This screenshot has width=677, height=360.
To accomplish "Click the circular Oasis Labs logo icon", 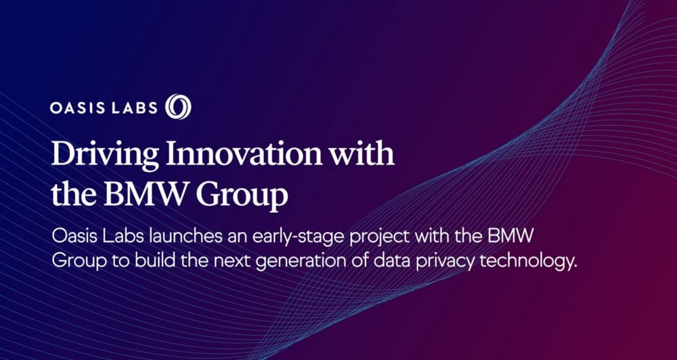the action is coord(178,107).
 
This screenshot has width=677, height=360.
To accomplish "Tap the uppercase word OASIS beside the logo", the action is coord(77,108).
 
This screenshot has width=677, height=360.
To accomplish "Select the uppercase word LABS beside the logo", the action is coord(134,108).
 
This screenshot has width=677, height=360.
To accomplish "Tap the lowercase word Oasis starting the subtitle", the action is coord(74,237).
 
